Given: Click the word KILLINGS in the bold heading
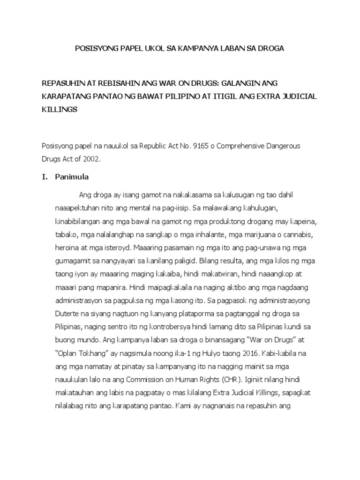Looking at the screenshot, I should pos(60,109).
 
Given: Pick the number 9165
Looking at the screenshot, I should pos(198,146).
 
